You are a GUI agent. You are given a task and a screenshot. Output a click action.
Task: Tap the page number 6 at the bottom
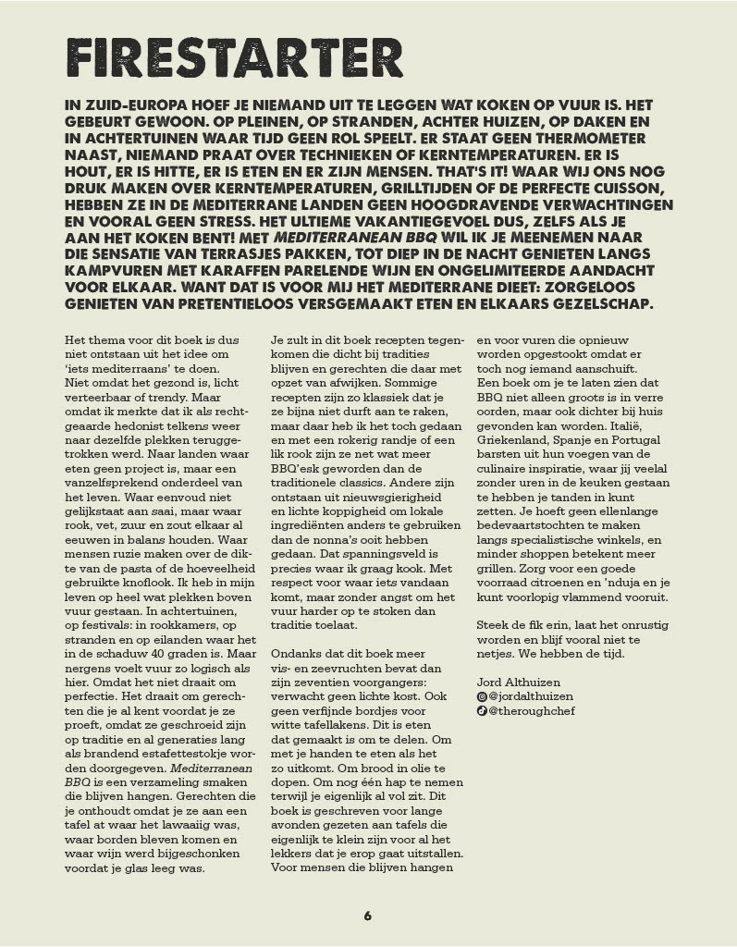coord(367,916)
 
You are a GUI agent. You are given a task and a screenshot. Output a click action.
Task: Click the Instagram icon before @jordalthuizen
coord(481,695)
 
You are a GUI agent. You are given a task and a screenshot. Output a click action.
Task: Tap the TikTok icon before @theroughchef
coord(481,711)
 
